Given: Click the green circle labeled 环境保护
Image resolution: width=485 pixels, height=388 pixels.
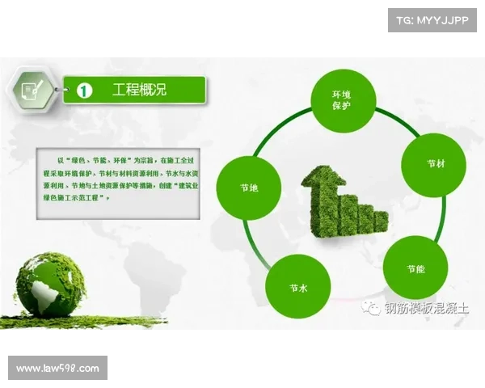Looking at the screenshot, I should [341, 101].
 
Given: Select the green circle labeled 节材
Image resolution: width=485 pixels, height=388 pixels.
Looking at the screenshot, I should [435, 164].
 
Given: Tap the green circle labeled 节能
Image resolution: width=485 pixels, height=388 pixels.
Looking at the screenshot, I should [415, 268].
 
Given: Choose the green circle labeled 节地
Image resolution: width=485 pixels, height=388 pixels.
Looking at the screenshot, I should [249, 188].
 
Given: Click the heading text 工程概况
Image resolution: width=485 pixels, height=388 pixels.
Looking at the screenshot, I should [139, 90].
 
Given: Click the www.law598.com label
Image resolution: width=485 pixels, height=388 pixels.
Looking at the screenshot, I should [57, 369].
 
